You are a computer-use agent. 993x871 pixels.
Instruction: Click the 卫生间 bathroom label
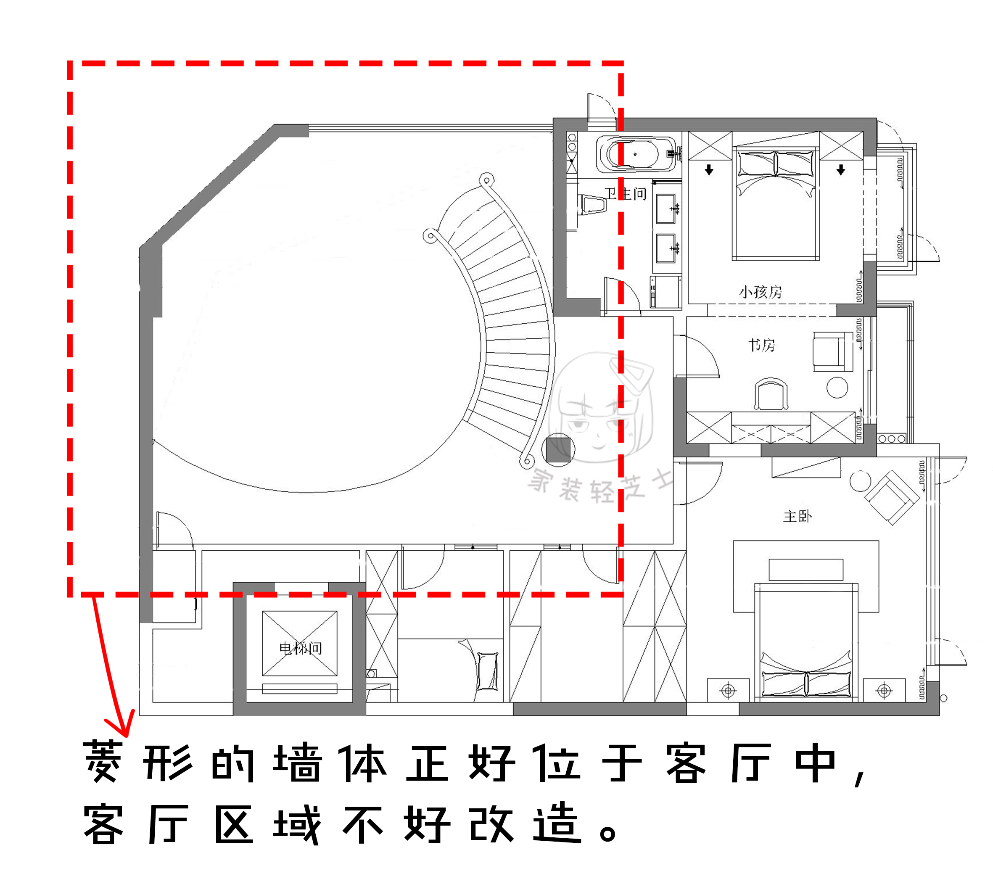(x=625, y=194)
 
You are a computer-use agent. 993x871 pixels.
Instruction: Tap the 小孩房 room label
(x=760, y=292)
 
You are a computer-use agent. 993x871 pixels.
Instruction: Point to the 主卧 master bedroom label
(x=797, y=516)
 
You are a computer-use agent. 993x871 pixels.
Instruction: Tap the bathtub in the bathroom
(x=634, y=154)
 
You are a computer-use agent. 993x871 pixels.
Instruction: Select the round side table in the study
(x=837, y=388)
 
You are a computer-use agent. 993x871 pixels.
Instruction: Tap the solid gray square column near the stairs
(x=558, y=449)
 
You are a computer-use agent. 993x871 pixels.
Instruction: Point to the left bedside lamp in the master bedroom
(x=728, y=690)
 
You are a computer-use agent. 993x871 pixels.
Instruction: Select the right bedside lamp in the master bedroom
(x=884, y=690)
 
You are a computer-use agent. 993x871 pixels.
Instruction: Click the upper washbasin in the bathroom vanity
(x=666, y=209)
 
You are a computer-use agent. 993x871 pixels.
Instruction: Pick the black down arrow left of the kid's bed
(x=709, y=169)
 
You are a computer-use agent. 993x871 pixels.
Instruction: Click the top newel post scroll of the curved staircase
(x=486, y=180)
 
